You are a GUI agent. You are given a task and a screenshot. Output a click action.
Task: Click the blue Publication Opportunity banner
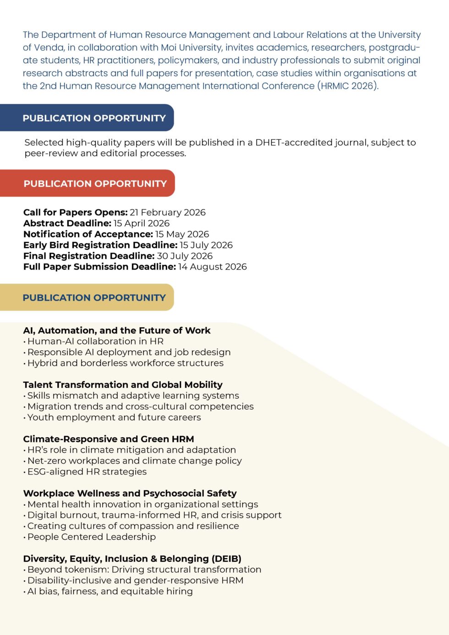point(94,118)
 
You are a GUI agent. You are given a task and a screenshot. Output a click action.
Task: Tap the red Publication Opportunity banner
point(95,184)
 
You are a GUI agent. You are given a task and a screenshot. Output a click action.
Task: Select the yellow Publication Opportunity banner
point(94,298)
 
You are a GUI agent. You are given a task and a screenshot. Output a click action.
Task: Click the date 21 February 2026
point(168,213)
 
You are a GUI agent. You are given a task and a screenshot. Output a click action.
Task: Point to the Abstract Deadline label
point(67,224)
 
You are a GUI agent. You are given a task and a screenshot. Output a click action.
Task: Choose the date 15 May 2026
point(182,234)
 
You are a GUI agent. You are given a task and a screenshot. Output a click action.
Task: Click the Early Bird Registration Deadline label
point(100,245)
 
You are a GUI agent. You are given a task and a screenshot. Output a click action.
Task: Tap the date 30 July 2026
point(185,256)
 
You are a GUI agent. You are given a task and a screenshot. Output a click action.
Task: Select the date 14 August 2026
point(213,267)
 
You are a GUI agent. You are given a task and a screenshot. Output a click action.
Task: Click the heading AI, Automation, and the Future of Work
point(117,331)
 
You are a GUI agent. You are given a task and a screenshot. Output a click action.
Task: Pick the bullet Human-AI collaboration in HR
point(95,341)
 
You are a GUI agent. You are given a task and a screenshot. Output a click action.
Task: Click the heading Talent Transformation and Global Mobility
point(123,385)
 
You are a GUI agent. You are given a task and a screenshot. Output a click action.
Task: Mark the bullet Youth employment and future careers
point(114,417)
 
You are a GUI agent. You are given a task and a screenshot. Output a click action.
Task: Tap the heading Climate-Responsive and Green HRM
point(109,439)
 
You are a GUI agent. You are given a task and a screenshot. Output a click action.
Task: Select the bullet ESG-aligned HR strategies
point(87,472)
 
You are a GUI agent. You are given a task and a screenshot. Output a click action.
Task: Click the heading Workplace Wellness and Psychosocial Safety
point(130,493)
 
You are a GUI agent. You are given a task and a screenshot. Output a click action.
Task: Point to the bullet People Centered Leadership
point(92,537)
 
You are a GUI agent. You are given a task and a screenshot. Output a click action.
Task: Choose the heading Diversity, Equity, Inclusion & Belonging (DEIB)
point(132,559)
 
